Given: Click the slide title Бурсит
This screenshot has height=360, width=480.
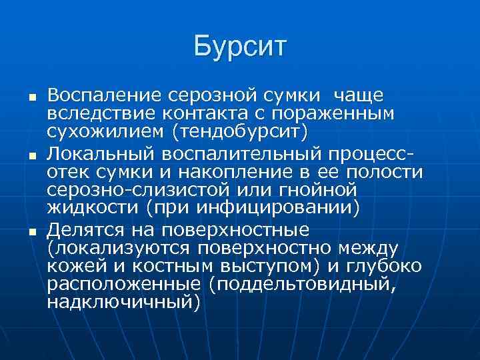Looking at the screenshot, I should [240, 47].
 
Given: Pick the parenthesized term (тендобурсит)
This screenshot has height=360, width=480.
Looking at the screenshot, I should [241, 131].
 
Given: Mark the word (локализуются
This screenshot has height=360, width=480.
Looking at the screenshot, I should [117, 249].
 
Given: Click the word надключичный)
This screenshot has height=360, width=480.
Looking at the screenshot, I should [123, 301].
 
